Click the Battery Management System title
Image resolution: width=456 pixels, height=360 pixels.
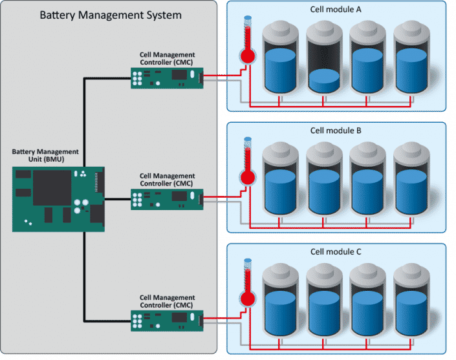point(111,14)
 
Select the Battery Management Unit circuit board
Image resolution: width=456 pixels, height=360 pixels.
point(59,198)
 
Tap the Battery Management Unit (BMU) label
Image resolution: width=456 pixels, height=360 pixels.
point(47,155)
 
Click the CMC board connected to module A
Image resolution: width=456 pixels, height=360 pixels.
point(167,78)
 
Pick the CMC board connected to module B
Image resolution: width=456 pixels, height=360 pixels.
point(167,198)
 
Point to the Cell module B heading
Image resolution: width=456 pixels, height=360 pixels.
point(336,131)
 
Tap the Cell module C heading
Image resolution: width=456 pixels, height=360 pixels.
point(336,251)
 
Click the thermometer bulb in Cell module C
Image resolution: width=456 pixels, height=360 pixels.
point(246,298)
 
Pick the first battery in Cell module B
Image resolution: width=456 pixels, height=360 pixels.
point(279,181)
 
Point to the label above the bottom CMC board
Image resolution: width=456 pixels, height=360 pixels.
point(167,301)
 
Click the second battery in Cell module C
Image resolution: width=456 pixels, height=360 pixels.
point(324,302)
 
